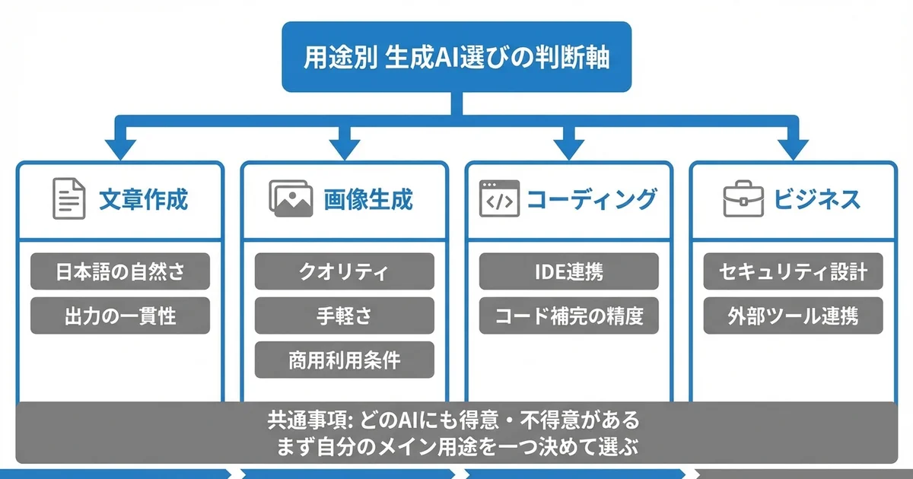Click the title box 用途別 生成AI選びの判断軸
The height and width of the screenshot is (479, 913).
456,57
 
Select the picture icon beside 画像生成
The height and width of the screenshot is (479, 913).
291,198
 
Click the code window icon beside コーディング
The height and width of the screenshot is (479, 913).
499,199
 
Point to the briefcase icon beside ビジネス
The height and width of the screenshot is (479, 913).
742,199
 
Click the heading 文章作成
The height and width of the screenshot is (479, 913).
143,199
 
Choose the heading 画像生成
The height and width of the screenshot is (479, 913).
368,199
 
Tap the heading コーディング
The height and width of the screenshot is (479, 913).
591,199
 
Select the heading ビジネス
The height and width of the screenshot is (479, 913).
817,199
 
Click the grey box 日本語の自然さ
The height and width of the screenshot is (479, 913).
120,272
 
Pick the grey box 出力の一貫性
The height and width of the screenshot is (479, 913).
120,316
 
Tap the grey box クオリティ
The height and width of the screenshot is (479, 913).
344,272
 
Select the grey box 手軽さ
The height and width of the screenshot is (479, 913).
344,316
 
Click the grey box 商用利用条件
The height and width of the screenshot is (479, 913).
344,360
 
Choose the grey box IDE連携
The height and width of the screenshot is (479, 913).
568,272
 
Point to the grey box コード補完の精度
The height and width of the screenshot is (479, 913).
568,316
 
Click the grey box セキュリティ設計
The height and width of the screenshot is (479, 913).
792,272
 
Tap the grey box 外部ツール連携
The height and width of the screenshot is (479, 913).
792,316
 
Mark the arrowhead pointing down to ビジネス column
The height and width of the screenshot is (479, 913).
792,148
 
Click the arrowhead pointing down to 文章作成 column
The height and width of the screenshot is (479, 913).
120,148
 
